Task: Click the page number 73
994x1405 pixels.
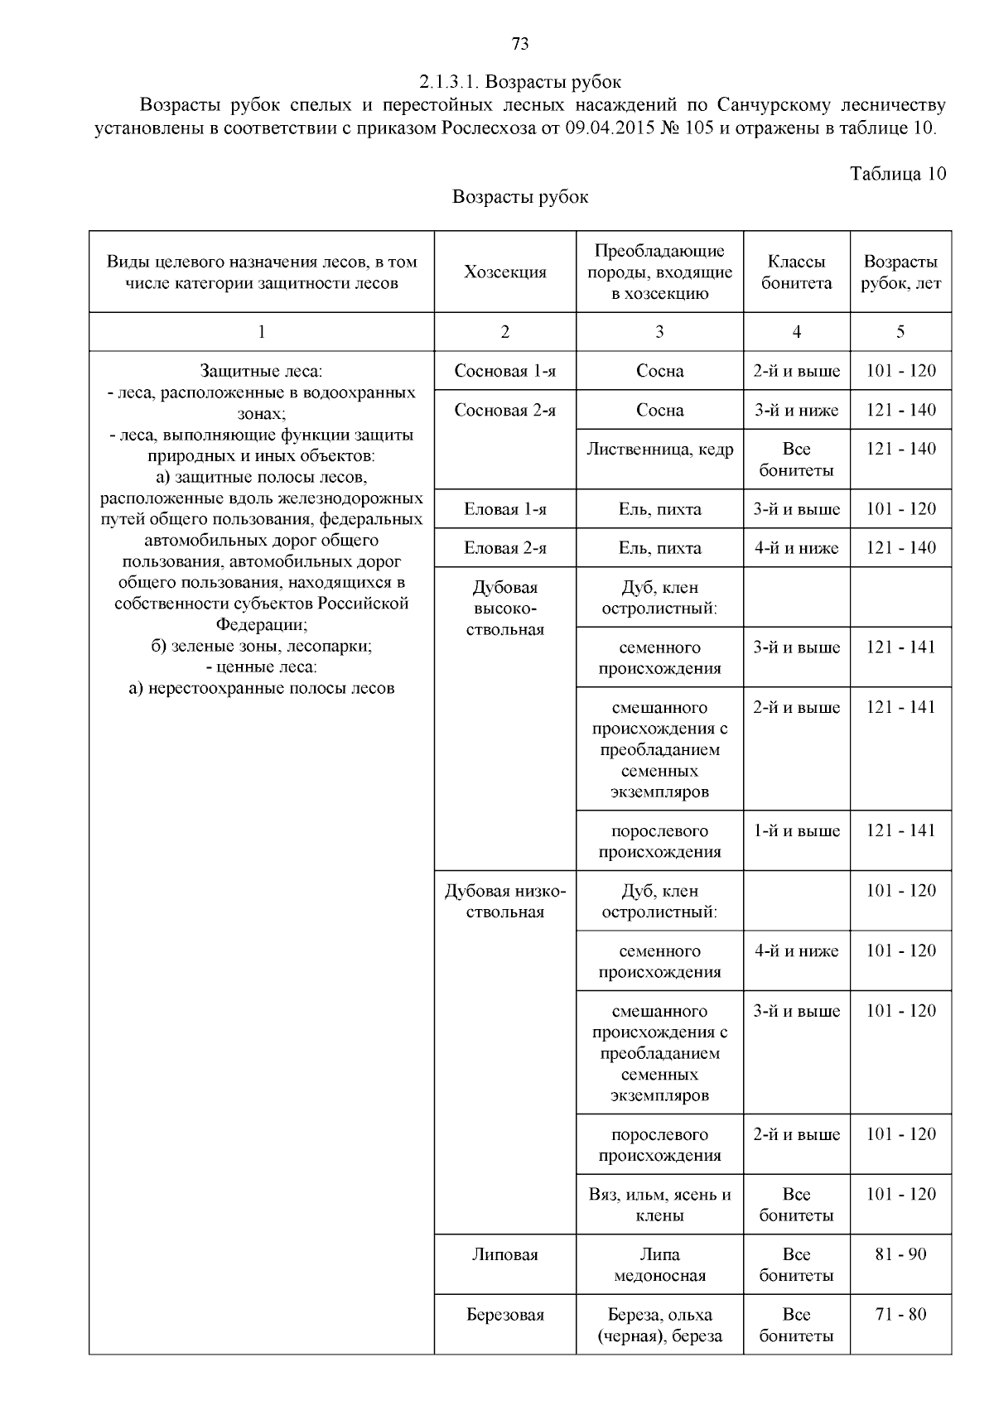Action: tap(520, 45)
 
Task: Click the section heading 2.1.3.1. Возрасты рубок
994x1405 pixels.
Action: tap(520, 82)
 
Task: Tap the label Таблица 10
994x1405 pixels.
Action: tap(898, 174)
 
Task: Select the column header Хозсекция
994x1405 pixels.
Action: tap(505, 272)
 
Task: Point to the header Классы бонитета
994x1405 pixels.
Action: tap(796, 272)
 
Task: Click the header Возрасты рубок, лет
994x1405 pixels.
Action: tap(900, 272)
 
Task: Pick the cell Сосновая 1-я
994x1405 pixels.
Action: tap(505, 371)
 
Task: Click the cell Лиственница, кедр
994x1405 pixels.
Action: tap(659, 450)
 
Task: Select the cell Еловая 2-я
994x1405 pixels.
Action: tap(505, 548)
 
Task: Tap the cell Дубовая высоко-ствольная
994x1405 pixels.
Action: tap(505, 609)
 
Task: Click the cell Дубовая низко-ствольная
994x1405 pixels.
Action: tap(505, 902)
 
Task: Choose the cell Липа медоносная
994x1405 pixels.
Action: tap(659, 1265)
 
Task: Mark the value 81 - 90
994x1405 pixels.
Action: tap(900, 1254)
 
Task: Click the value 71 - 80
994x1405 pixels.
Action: tap(900, 1315)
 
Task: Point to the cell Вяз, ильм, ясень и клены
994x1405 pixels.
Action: tap(659, 1205)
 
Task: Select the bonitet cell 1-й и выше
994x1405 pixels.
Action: tap(796, 831)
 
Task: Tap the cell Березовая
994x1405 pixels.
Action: tap(505, 1315)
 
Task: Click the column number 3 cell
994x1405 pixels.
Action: tap(659, 332)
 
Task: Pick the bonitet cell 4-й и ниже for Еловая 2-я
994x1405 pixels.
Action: tap(796, 548)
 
